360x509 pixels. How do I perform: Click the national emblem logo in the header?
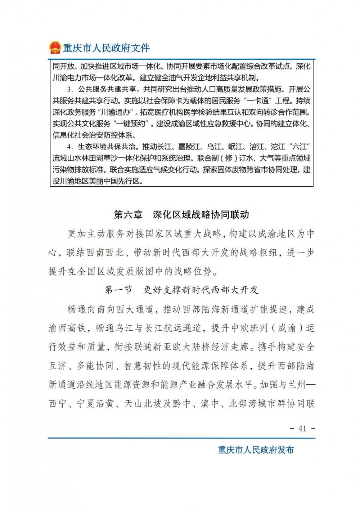[55, 48]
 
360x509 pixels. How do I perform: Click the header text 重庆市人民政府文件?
[106, 48]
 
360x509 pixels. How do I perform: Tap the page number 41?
[302, 428]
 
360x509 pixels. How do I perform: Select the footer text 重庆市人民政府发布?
[256, 450]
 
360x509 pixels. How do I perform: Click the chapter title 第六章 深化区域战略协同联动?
[181, 215]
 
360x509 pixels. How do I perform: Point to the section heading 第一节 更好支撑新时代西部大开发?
[181, 290]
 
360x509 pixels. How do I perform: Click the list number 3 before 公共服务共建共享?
[69, 89]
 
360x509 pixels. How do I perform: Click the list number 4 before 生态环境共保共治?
[69, 147]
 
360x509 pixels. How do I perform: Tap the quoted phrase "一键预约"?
[131, 124]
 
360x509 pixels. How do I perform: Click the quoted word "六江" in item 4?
[300, 147]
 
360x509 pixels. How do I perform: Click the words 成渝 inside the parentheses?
[287, 328]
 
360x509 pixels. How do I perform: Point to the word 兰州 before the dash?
[297, 384]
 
